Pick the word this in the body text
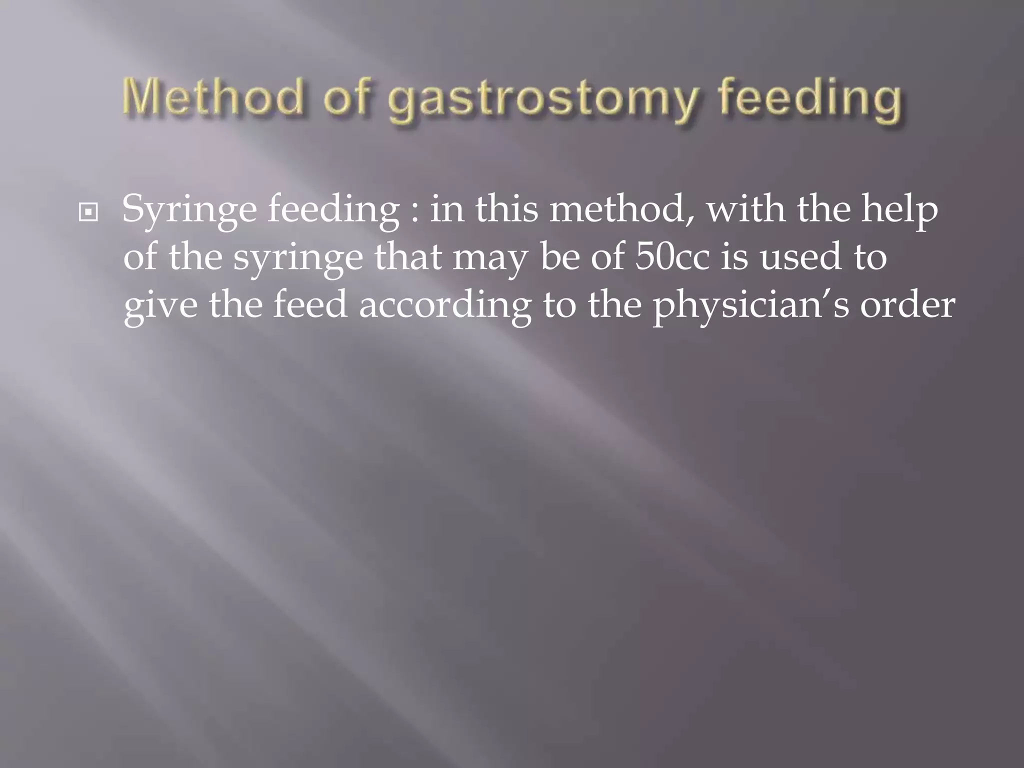pos(506,209)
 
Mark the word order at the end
pos(907,304)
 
